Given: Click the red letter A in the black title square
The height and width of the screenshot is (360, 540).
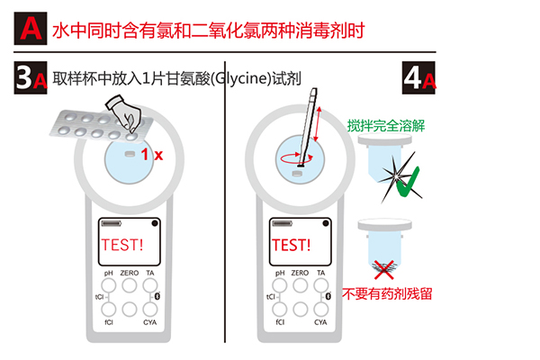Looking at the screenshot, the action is [31, 28].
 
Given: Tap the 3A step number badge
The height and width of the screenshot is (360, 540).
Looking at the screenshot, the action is [31, 78].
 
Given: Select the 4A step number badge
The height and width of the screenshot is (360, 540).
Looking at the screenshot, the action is [418, 78].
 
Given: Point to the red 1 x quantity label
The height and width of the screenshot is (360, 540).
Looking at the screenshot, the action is [152, 155].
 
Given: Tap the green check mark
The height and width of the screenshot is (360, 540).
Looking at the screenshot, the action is [408, 182].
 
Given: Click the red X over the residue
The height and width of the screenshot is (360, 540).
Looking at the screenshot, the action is [383, 270].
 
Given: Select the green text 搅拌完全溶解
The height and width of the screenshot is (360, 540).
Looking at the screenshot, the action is [386, 126].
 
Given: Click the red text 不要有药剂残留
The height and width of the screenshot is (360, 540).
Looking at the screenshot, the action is [387, 294].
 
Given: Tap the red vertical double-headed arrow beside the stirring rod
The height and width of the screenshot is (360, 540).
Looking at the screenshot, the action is [318, 124].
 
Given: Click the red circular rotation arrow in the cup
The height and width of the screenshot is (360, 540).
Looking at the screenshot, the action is [297, 158].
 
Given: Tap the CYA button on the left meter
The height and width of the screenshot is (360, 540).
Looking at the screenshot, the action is [150, 309].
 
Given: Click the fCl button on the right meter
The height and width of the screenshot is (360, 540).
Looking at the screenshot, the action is [280, 309].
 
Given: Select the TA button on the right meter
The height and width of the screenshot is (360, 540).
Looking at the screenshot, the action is [321, 285].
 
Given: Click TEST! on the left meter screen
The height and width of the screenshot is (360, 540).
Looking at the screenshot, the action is [122, 245].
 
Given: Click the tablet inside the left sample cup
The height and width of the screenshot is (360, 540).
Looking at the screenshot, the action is [130, 154].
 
